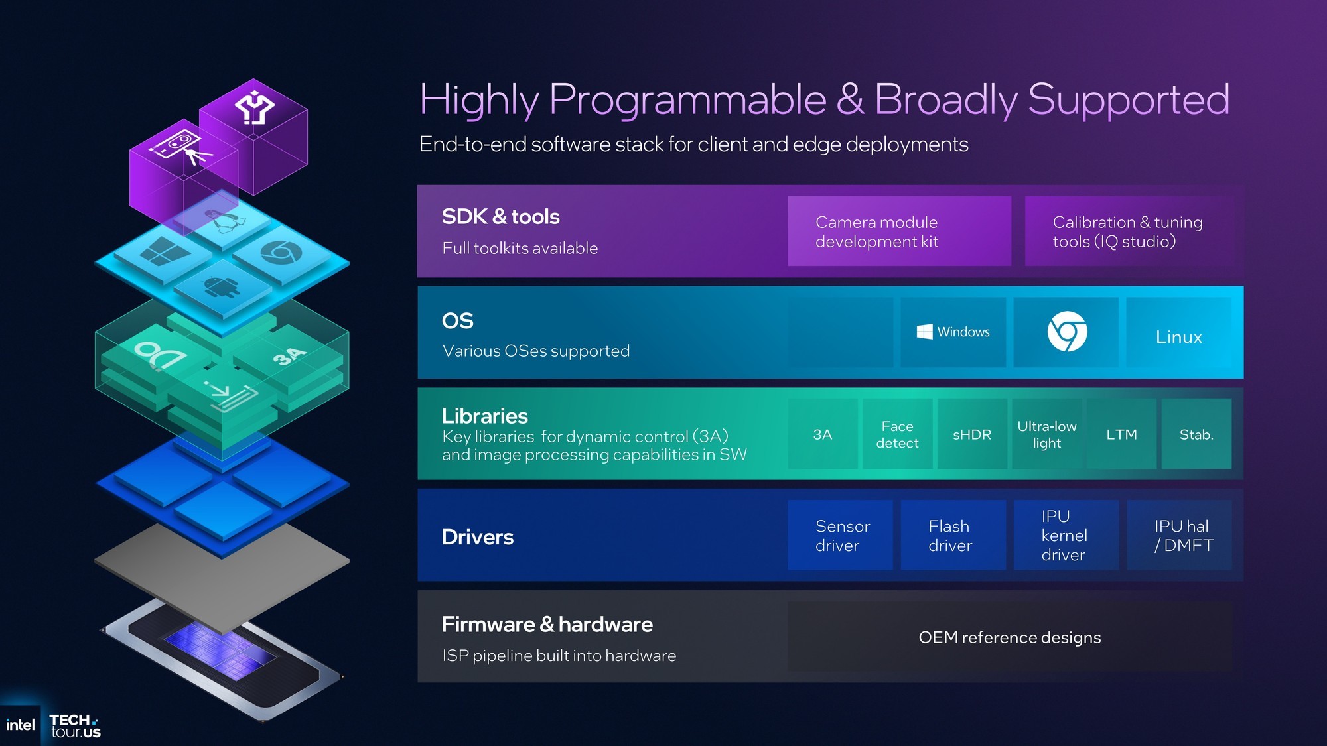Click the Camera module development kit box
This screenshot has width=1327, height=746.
coord(899,231)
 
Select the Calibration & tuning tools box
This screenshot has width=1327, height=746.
coord(1129,231)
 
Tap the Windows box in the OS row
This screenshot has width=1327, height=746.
coord(953,332)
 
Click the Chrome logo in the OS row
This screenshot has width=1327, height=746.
coord(1067,332)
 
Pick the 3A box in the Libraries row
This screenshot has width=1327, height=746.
coord(823,434)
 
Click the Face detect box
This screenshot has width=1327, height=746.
coord(897,434)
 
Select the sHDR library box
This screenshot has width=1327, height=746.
coord(972,434)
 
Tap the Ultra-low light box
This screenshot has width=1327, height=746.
coord(1047,434)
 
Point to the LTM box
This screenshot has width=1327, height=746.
coord(1121,434)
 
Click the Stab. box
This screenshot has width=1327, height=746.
coord(1196,434)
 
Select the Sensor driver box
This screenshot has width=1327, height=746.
coord(840,535)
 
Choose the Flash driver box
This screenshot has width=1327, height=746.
coord(953,535)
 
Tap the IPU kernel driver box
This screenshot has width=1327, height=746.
coord(1066,535)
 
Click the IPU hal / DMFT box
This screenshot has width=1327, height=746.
coord(1179,535)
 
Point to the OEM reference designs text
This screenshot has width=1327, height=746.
coord(1009,637)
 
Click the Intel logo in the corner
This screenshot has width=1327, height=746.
coord(21,725)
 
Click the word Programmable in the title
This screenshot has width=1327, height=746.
coord(687,100)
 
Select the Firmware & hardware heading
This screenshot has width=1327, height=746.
coord(547,624)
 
